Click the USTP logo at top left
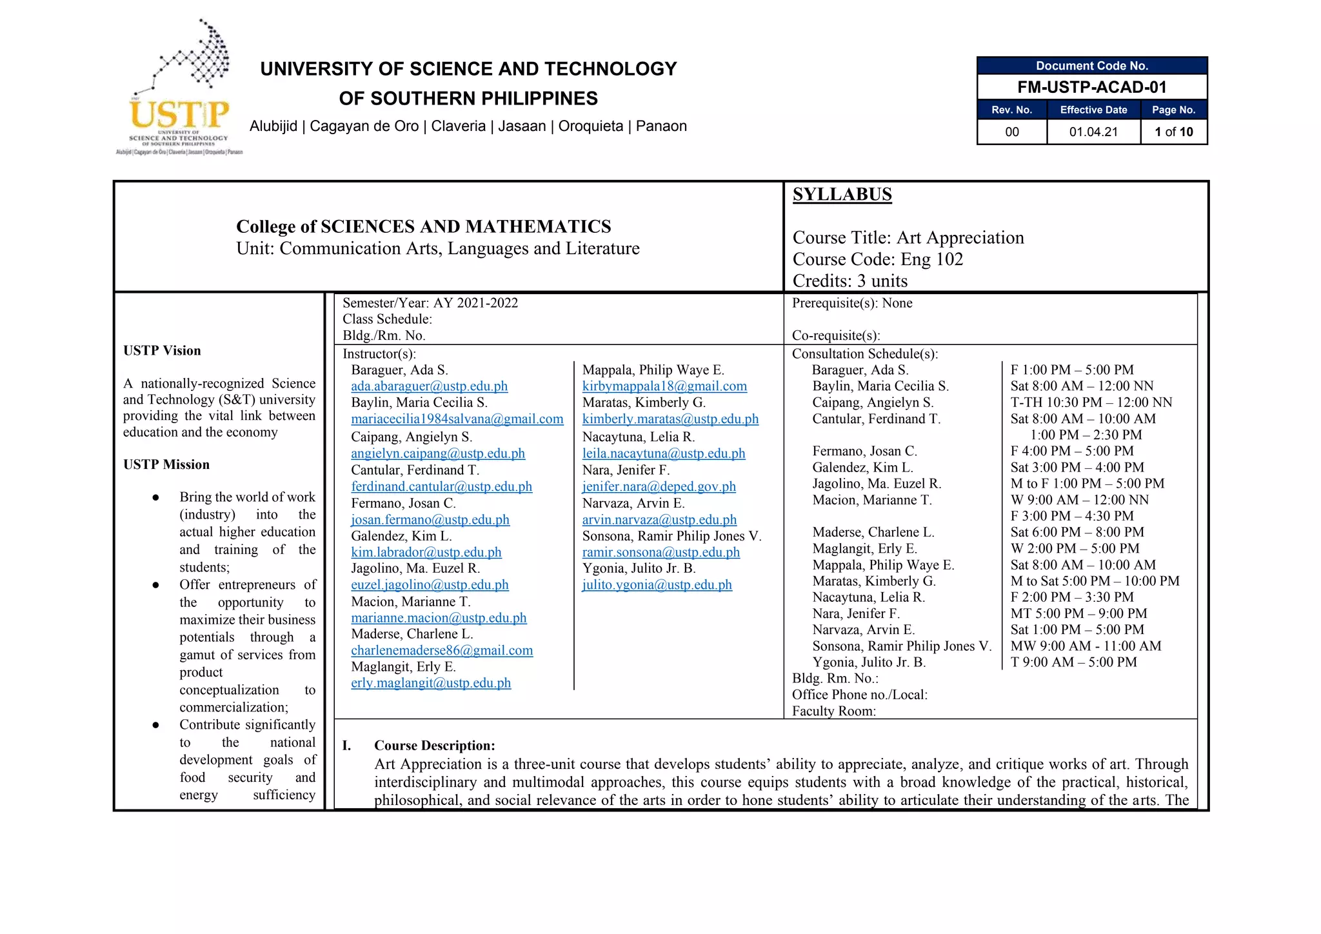(179, 90)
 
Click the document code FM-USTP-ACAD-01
(1091, 87)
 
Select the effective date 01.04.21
(1093, 132)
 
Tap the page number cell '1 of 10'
(1173, 132)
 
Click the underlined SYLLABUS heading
(842, 194)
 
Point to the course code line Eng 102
(877, 259)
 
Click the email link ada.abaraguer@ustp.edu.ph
(429, 386)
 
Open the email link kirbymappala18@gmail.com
(664, 386)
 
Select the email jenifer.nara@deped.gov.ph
(659, 487)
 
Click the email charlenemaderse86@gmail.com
(442, 651)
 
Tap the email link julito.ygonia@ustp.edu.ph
(657, 585)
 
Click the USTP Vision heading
(162, 351)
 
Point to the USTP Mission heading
(166, 465)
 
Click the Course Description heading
(434, 746)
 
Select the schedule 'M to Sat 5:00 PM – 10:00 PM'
(1095, 581)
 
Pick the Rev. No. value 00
(1011, 132)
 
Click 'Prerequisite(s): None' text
(851, 303)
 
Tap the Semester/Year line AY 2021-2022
(430, 303)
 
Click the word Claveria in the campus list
(458, 126)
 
